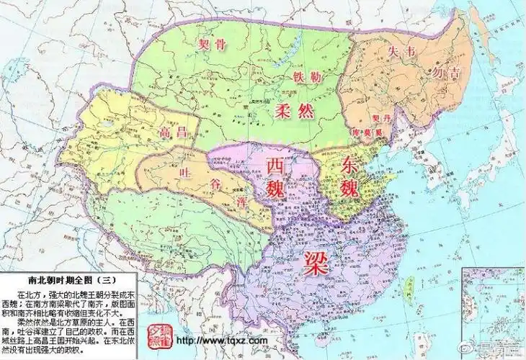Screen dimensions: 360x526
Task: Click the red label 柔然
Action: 293,111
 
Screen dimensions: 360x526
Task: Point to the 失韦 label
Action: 401,53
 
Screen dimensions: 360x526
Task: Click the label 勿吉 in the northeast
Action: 444,72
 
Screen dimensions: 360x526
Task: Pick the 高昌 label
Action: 174,132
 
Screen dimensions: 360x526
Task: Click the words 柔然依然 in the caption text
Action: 30,317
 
